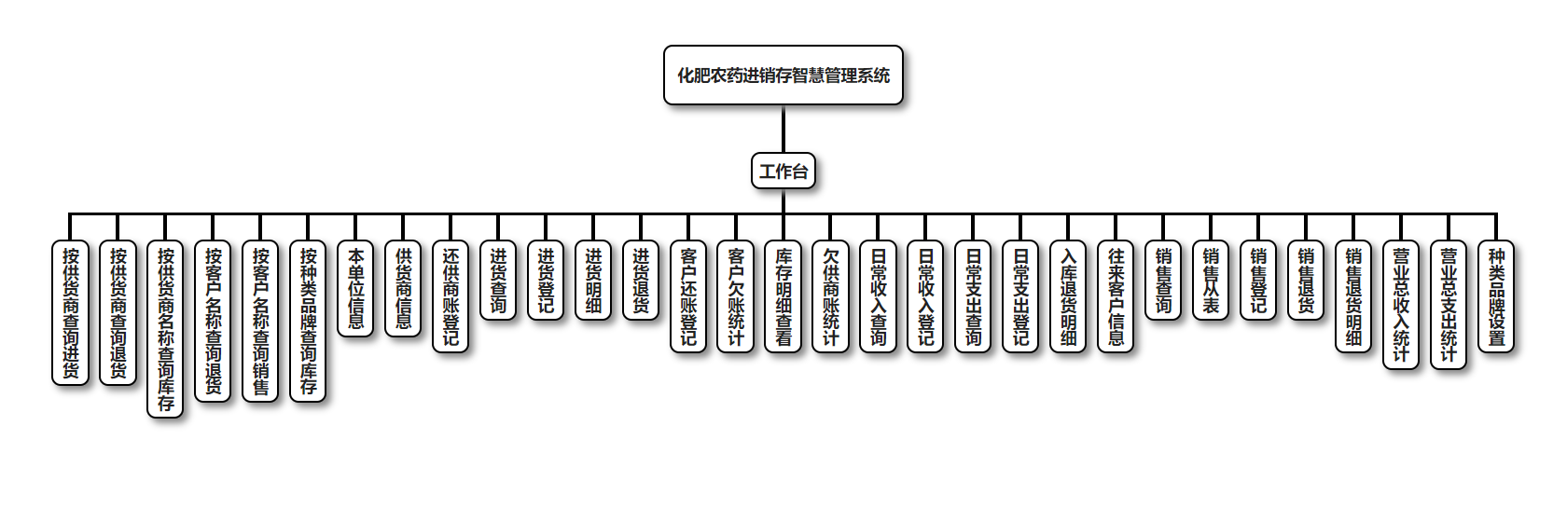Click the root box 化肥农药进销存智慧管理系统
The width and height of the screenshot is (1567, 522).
[783, 76]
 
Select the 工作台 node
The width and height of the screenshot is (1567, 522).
[783, 172]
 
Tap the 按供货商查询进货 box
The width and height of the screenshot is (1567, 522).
[71, 312]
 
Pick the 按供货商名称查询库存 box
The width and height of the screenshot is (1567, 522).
[166, 329]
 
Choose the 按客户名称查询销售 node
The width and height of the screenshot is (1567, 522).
[261, 321]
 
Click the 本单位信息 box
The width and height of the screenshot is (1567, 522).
[356, 288]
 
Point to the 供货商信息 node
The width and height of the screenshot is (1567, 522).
[404, 288]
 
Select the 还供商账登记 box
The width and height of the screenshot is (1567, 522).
[451, 296]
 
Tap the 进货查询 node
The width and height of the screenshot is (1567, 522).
[499, 280]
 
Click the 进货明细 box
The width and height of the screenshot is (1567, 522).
[594, 280]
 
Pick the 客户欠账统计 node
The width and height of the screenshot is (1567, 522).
[736, 296]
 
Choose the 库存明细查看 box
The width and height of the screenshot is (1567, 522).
[783, 296]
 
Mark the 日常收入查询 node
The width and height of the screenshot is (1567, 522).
[879, 296]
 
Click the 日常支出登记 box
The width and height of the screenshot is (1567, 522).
[1021, 296]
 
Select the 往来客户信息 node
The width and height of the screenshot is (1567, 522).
[1116, 296]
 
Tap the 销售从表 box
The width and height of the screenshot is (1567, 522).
[1211, 280]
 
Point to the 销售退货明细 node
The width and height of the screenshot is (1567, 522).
[1353, 296]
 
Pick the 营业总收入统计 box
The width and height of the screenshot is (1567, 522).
[1401, 305]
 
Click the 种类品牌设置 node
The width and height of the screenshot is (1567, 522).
[1496, 296]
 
